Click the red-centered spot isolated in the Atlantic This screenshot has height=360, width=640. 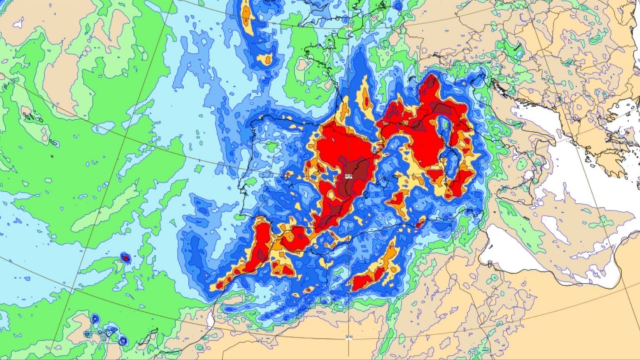coord(125,258)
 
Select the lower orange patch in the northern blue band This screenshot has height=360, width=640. coord(264,59)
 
